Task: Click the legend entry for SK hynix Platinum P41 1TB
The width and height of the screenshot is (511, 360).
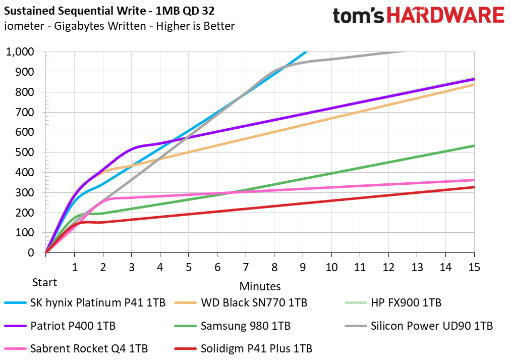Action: pyautogui.click(x=85, y=302)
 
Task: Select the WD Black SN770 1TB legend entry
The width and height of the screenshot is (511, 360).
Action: pyautogui.click(x=241, y=302)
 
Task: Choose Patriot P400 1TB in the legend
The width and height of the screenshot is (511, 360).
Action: pyautogui.click(x=60, y=326)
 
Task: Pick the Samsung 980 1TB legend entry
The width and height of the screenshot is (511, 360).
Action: pyautogui.click(x=233, y=326)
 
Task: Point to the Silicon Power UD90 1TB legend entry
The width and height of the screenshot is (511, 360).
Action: pyautogui.click(x=419, y=326)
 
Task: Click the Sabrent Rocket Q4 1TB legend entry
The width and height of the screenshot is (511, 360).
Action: pyautogui.click(x=76, y=348)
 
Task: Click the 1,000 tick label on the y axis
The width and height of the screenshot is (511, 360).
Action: pyautogui.click(x=20, y=52)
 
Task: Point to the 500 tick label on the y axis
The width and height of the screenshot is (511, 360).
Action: pyautogui.click(x=25, y=152)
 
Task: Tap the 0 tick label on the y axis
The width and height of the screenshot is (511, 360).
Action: pyautogui.click(x=31, y=252)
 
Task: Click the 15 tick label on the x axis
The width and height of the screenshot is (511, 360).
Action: pyautogui.click(x=474, y=268)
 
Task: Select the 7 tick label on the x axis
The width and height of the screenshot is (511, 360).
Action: pyautogui.click(x=246, y=268)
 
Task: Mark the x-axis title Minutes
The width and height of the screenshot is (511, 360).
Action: pyautogui.click(x=260, y=286)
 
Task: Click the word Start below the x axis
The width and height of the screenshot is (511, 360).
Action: pyautogui.click(x=44, y=282)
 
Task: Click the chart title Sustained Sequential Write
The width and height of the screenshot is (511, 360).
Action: pyautogui.click(x=75, y=11)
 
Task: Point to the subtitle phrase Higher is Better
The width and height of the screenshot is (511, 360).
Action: pyautogui.click(x=195, y=26)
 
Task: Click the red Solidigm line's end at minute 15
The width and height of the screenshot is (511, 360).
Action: pyautogui.click(x=474, y=187)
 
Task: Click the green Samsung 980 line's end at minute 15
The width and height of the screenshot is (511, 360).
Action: pyautogui.click(x=474, y=146)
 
